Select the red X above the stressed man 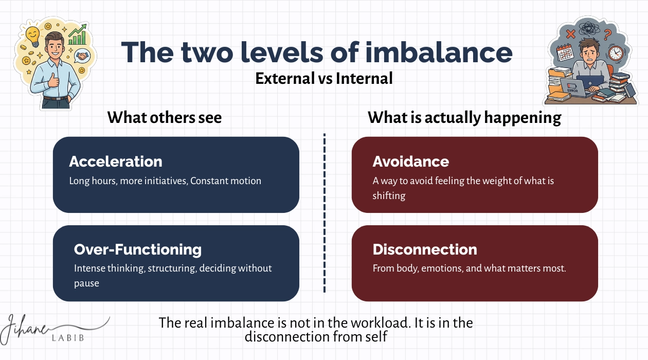point(570,34)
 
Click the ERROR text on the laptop point(573,91)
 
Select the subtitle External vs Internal point(324,78)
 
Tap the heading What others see point(165,117)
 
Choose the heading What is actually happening point(464,117)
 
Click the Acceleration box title point(116,161)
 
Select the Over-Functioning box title point(138,249)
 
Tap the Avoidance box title point(410,161)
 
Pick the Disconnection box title point(425,249)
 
